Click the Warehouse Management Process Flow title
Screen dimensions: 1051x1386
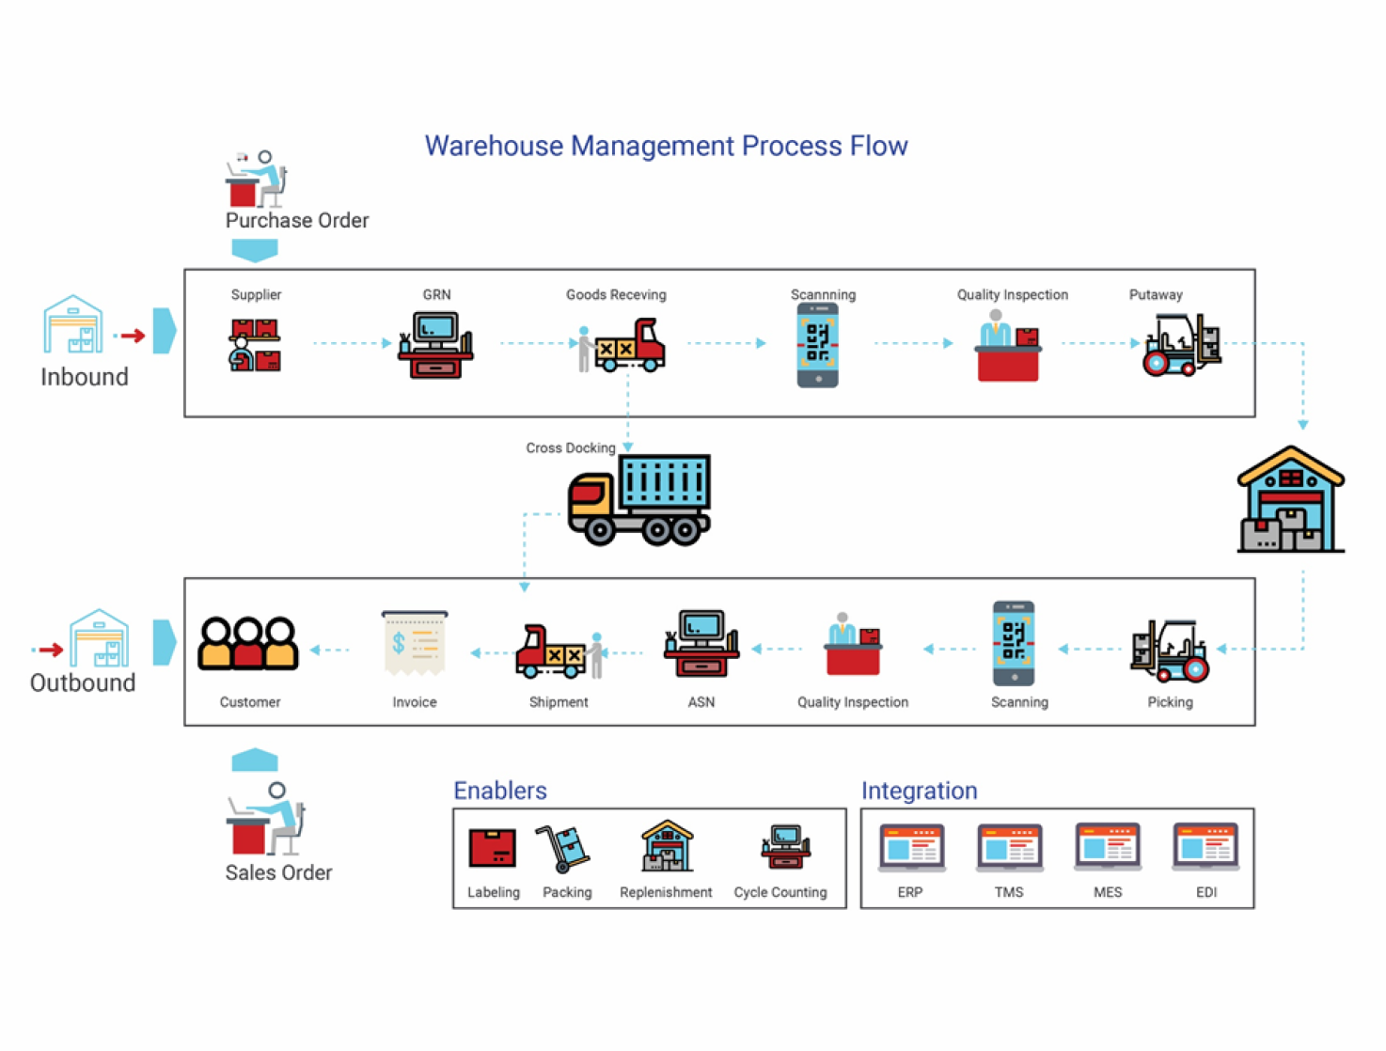666,146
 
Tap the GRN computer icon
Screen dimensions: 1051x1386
435,345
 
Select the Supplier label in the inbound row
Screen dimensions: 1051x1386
256,294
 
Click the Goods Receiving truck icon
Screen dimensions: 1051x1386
622,346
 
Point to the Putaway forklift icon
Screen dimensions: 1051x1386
1181,345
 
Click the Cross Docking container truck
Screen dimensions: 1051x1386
639,500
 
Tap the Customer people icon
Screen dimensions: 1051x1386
248,644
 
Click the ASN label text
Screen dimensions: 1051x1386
701,702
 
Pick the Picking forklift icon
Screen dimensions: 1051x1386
1170,650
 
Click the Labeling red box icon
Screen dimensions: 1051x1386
493,848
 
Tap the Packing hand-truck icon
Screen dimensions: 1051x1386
563,848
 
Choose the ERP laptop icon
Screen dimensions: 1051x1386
911,848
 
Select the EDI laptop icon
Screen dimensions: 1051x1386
1205,848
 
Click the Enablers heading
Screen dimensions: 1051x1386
500,791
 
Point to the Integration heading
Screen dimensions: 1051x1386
919,791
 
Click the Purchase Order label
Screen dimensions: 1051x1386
297,220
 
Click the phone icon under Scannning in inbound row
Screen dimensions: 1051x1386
818,345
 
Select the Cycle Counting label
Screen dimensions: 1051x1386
780,892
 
